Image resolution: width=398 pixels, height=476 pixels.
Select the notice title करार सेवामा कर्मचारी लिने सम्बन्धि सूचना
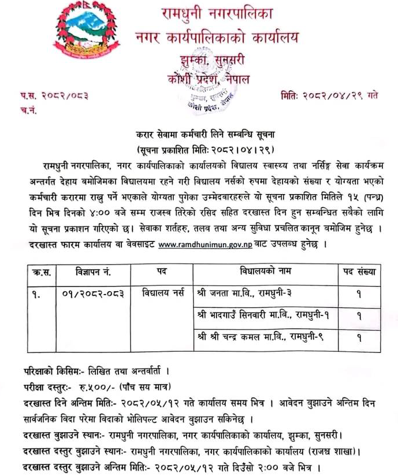(x=199, y=133)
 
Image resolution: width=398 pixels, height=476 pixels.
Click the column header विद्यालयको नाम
(x=265, y=272)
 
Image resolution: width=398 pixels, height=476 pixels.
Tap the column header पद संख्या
(x=359, y=272)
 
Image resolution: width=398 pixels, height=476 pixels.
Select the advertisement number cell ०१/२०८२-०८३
(x=92, y=293)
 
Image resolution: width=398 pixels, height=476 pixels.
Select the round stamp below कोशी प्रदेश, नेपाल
(x=199, y=98)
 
